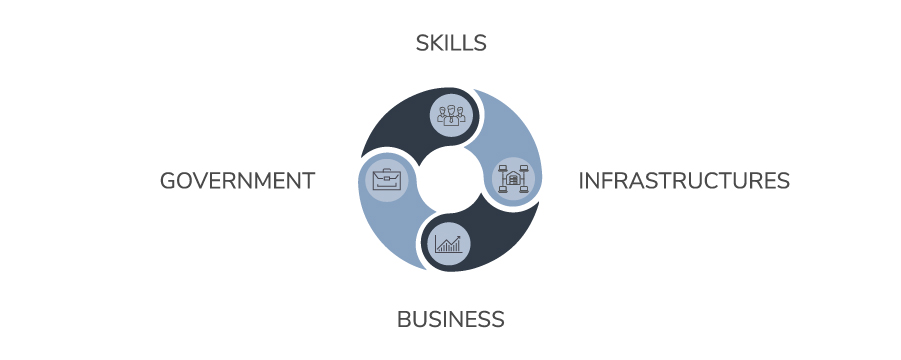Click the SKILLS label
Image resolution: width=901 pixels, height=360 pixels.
(450, 43)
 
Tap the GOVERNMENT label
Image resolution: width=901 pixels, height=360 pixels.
(237, 181)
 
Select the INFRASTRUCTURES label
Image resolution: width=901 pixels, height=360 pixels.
(684, 181)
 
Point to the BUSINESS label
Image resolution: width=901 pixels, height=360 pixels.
(450, 320)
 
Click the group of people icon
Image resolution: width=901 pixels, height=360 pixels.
(451, 113)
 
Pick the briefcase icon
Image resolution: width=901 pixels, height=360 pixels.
(385, 180)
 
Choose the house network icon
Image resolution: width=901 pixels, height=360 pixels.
(514, 180)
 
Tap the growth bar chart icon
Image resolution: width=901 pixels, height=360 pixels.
(448, 242)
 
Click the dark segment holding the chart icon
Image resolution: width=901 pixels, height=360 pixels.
(500, 240)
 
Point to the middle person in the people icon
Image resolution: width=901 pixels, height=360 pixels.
(451, 110)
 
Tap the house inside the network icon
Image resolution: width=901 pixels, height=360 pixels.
(514, 180)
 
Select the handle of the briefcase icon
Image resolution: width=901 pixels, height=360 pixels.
(385, 172)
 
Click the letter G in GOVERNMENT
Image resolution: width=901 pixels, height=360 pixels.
(169, 181)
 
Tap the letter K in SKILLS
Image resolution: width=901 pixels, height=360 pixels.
(437, 43)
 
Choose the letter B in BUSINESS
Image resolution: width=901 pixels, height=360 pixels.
(404, 320)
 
